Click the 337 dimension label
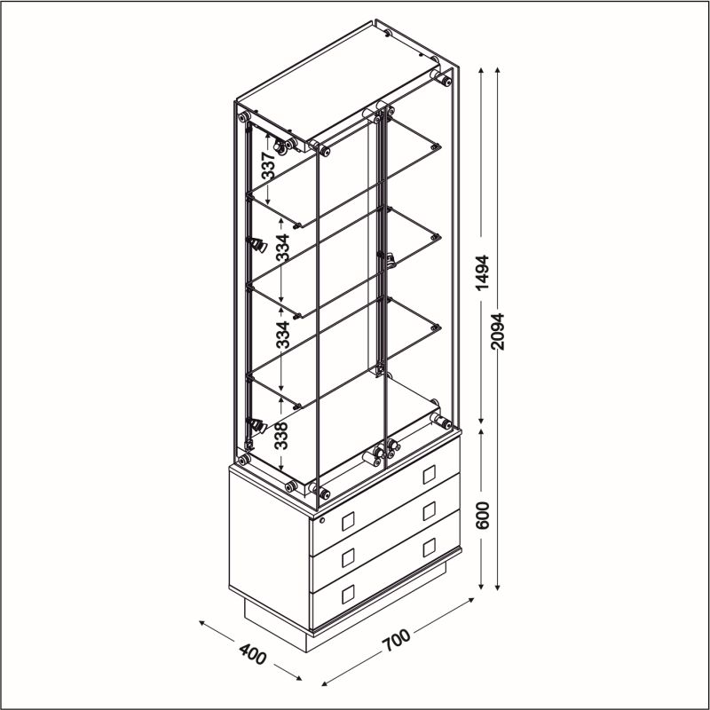268,166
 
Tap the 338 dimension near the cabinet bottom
281,436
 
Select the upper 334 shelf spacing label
282,248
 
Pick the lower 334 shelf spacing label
282,335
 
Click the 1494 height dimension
483,272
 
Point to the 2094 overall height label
497,331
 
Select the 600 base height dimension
483,516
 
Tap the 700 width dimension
396,640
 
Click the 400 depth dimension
253,654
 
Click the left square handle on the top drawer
348,521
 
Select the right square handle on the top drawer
430,475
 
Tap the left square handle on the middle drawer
348,558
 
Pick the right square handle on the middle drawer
430,511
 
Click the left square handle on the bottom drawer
348,595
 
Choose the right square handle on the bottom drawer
430,548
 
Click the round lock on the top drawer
322,520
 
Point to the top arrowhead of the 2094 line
497,71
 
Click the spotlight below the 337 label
257,245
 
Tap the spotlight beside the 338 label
256,425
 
